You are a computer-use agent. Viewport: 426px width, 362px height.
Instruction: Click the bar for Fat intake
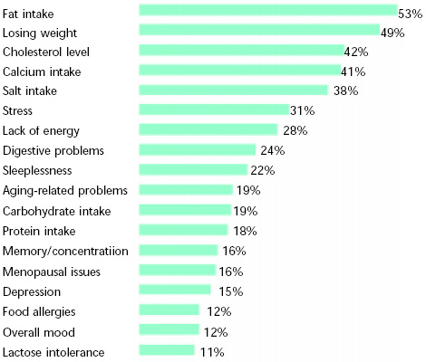tap(267, 10)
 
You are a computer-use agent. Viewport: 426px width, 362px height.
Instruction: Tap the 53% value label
tap(411, 13)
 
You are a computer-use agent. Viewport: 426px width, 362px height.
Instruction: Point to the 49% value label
tap(392, 33)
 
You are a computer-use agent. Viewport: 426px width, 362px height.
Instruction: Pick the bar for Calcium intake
tap(239, 70)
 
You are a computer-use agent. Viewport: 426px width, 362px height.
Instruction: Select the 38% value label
tap(345, 90)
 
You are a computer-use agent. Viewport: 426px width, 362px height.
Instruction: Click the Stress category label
tap(18, 110)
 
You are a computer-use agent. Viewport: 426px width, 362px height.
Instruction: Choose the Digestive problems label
tap(53, 150)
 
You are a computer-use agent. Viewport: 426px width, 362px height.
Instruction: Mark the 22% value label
tap(262, 170)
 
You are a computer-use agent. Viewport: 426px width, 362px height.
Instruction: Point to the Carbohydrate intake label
tap(56, 210)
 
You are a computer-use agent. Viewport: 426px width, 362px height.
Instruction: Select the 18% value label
tap(242, 230)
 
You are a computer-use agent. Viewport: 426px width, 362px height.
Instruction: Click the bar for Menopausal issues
tap(178, 270)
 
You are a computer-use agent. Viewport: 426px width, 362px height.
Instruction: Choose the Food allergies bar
tap(169, 310)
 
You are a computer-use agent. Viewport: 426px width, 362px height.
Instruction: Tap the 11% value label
tap(212, 351)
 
